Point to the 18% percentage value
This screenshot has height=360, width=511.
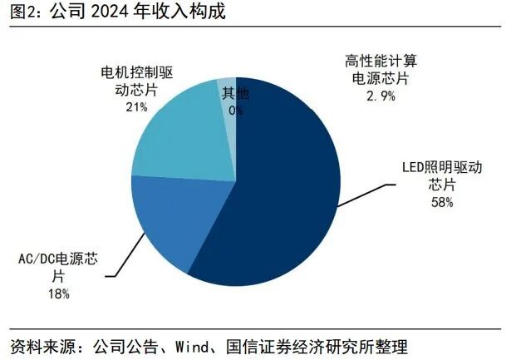coord(58,293)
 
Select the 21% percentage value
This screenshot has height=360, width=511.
coord(137,107)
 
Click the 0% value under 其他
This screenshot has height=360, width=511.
coord(236,110)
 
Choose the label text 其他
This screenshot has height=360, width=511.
coord(236,92)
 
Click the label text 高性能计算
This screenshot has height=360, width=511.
coord(381,60)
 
